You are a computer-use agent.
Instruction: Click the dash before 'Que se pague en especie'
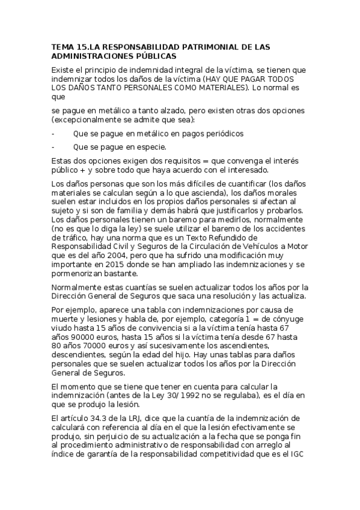tap(53, 147)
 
